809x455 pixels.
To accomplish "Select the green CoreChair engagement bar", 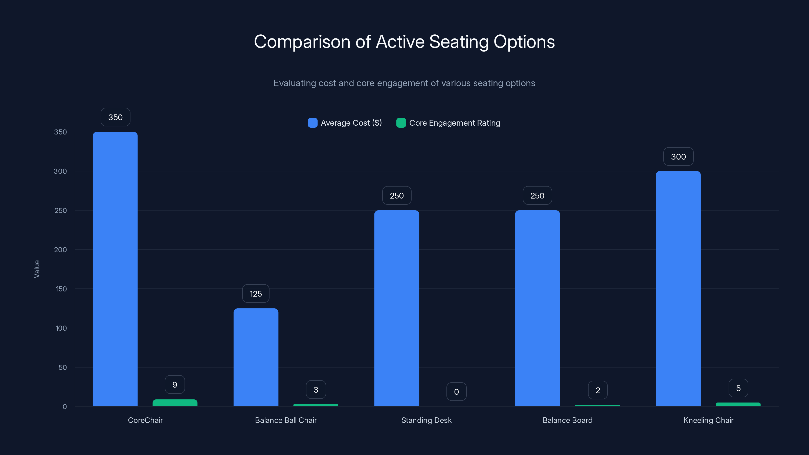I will (x=175, y=403).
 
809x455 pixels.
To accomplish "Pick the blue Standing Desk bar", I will (x=397, y=308).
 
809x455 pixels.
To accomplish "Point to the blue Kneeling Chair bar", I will (x=678, y=289).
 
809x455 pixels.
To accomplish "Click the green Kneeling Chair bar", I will (x=738, y=404).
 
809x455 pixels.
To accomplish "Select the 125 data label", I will (x=256, y=293).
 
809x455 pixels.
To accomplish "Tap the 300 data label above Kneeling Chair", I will (x=678, y=157).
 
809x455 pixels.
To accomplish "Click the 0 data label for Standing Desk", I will (x=456, y=392).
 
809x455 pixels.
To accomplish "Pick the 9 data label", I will (x=175, y=385).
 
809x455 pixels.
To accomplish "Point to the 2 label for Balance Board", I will (x=598, y=390).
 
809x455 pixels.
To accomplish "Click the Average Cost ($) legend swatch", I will (x=312, y=123).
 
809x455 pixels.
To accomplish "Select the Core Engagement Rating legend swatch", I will (x=401, y=123).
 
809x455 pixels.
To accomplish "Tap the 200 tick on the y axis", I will (x=60, y=250).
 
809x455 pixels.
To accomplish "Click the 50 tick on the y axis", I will (x=62, y=367).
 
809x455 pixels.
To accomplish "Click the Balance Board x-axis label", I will (x=568, y=420).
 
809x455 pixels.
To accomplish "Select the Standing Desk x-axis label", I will (x=426, y=420).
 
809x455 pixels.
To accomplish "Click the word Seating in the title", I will (x=459, y=42).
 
